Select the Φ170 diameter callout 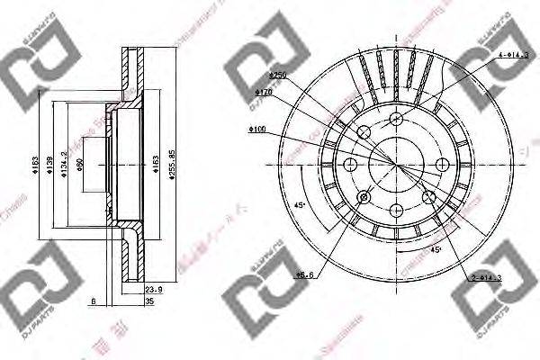tap(263, 92)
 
